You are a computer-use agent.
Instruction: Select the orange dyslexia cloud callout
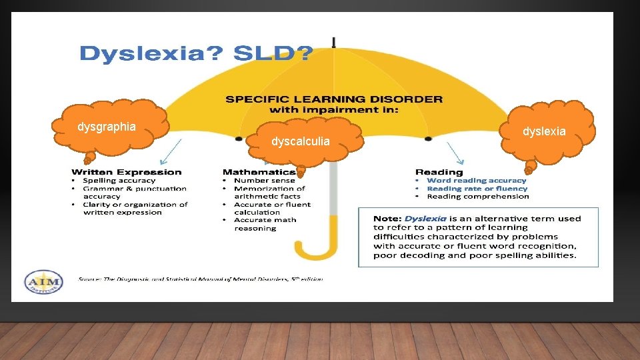click(x=543, y=131)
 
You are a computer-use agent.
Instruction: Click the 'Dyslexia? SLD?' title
click(x=195, y=54)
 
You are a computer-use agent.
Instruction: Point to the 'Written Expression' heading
click(x=127, y=172)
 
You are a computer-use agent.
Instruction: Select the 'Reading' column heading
click(x=439, y=172)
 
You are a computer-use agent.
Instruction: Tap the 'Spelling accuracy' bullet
click(x=119, y=181)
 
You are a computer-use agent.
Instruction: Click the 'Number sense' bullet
click(x=264, y=181)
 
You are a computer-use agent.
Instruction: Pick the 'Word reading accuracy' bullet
click(x=476, y=181)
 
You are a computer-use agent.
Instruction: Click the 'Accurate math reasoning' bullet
click(x=265, y=224)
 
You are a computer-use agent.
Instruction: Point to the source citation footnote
click(x=200, y=279)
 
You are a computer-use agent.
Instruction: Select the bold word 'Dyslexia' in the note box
click(x=424, y=219)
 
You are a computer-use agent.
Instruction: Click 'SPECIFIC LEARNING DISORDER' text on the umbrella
click(x=333, y=99)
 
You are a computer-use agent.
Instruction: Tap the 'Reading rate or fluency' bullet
click(x=477, y=189)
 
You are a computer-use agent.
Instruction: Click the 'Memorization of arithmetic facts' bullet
click(x=269, y=193)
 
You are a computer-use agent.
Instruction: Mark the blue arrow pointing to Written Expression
click(x=171, y=151)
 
